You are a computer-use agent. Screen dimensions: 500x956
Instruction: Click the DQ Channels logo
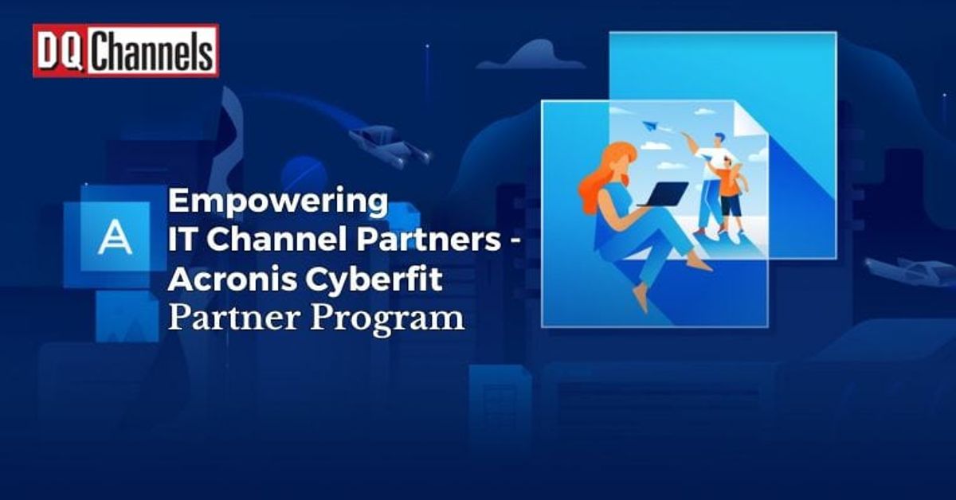tap(125, 51)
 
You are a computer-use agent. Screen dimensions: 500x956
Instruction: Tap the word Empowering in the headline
tap(277, 201)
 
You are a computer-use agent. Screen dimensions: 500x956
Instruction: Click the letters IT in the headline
tap(179, 240)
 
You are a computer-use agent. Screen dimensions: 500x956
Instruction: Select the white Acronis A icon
tap(115, 237)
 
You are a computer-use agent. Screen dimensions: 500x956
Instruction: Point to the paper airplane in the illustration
tap(648, 125)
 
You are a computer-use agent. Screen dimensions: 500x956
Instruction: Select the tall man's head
tap(720, 142)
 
